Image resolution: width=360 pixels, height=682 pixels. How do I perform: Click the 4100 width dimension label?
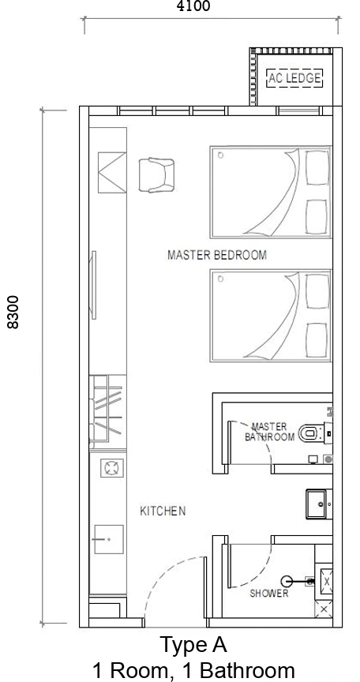pyautogui.click(x=193, y=6)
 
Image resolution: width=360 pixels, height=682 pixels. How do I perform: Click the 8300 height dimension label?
pyautogui.click(x=13, y=312)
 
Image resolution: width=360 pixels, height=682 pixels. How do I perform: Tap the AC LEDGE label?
pyautogui.click(x=294, y=78)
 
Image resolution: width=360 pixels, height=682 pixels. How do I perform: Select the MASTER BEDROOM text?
pyautogui.click(x=217, y=255)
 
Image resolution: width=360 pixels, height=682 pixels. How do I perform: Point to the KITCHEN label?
pyautogui.click(x=163, y=511)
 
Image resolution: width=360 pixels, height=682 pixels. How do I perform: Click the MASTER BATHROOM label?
pyautogui.click(x=269, y=432)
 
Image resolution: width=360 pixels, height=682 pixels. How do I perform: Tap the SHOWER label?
pyautogui.click(x=268, y=594)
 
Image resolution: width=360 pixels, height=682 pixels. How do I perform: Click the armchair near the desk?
pyautogui.click(x=156, y=175)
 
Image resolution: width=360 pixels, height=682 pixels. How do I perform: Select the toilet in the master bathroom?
pyautogui.click(x=312, y=433)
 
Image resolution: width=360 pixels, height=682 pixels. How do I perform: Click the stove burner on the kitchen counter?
pyautogui.click(x=112, y=468)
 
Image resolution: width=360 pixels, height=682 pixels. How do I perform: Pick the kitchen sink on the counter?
pyautogui.click(x=109, y=539)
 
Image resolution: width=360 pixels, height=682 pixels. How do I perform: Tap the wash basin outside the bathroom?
pyautogui.click(x=319, y=504)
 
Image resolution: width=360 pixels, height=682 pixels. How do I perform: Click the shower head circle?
pyautogui.click(x=287, y=581)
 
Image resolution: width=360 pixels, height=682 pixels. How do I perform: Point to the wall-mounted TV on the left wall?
pyautogui.click(x=93, y=285)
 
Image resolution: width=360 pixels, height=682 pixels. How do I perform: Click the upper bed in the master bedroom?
pyautogui.click(x=271, y=193)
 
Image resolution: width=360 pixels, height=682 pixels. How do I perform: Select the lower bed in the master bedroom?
pyautogui.click(x=271, y=315)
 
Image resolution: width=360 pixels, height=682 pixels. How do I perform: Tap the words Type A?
pyautogui.click(x=193, y=645)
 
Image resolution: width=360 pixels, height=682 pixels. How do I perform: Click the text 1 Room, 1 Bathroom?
pyautogui.click(x=193, y=671)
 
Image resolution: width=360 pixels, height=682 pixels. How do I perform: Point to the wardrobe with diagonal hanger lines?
pyautogui.click(x=107, y=412)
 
